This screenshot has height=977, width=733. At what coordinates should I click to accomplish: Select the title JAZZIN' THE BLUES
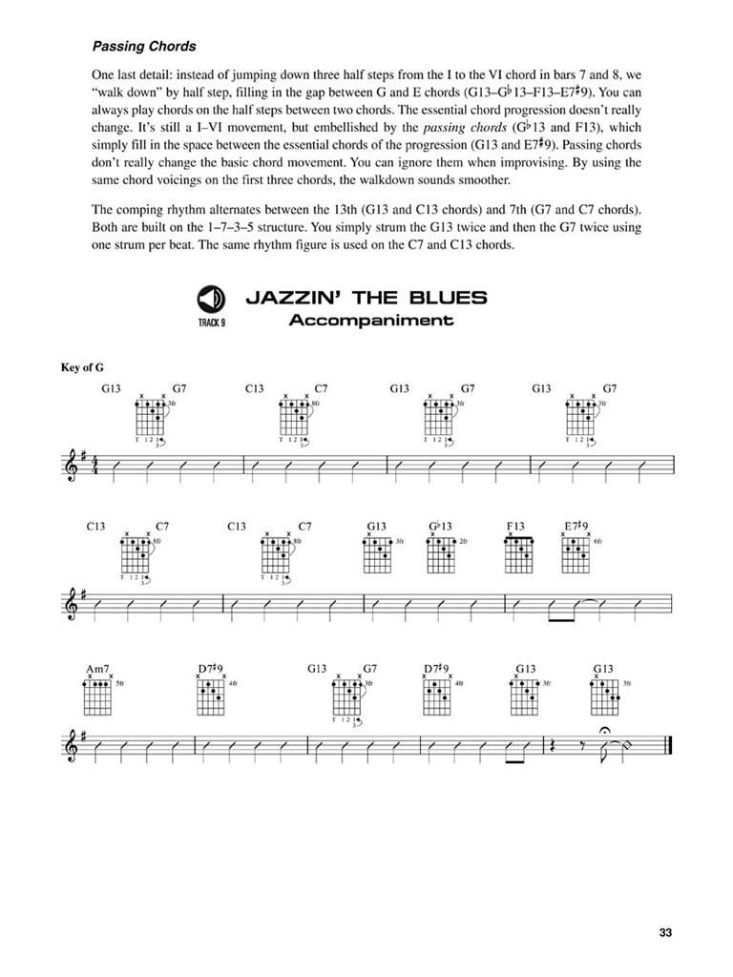click(x=366, y=298)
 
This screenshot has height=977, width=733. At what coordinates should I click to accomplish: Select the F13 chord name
click(x=516, y=527)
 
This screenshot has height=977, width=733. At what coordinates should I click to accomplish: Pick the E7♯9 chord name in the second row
click(x=576, y=527)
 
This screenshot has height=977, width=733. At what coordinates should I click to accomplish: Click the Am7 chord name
click(x=97, y=670)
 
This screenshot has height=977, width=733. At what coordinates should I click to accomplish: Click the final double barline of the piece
click(x=674, y=749)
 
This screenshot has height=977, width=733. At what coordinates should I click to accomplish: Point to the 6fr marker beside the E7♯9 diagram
click(x=598, y=541)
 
